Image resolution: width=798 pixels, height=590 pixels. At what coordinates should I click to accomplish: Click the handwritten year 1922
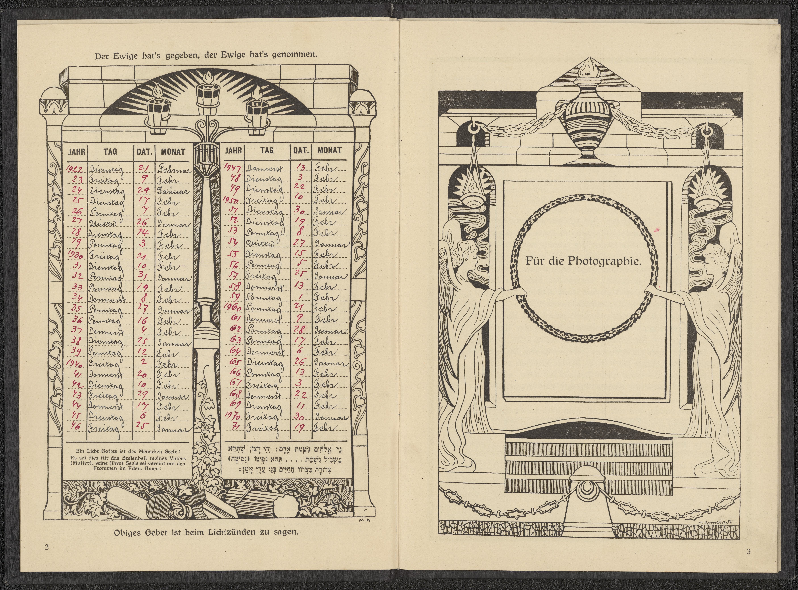click(x=75, y=169)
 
